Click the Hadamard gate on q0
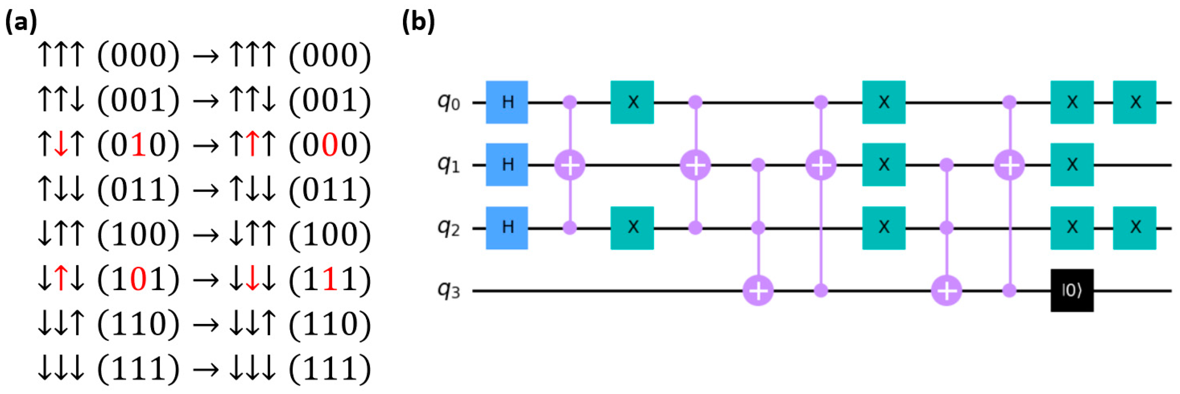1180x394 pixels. tap(507, 102)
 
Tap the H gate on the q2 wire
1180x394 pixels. tap(507, 227)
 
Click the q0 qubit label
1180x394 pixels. tap(448, 102)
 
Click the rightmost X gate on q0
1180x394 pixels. tap(1135, 102)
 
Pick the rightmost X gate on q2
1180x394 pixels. tap(1135, 227)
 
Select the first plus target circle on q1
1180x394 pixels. tap(570, 165)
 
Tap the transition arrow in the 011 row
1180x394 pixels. tap(206, 191)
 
